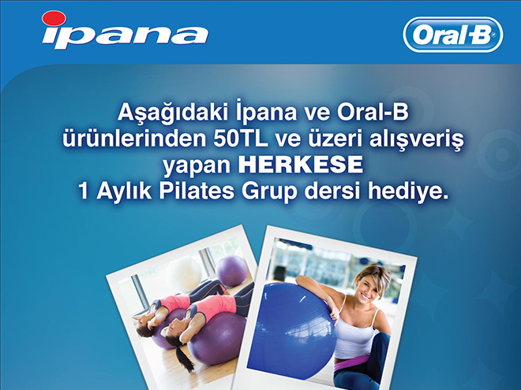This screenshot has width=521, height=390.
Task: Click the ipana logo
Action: coord(125,30)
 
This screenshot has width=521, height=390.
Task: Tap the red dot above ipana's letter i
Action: coord(54,18)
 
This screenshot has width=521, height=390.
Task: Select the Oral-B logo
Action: coord(453,35)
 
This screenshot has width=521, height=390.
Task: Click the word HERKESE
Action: coord(301,165)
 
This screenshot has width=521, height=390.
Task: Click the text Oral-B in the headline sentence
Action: coord(373,113)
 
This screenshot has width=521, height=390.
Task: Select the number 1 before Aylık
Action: coord(84,191)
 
